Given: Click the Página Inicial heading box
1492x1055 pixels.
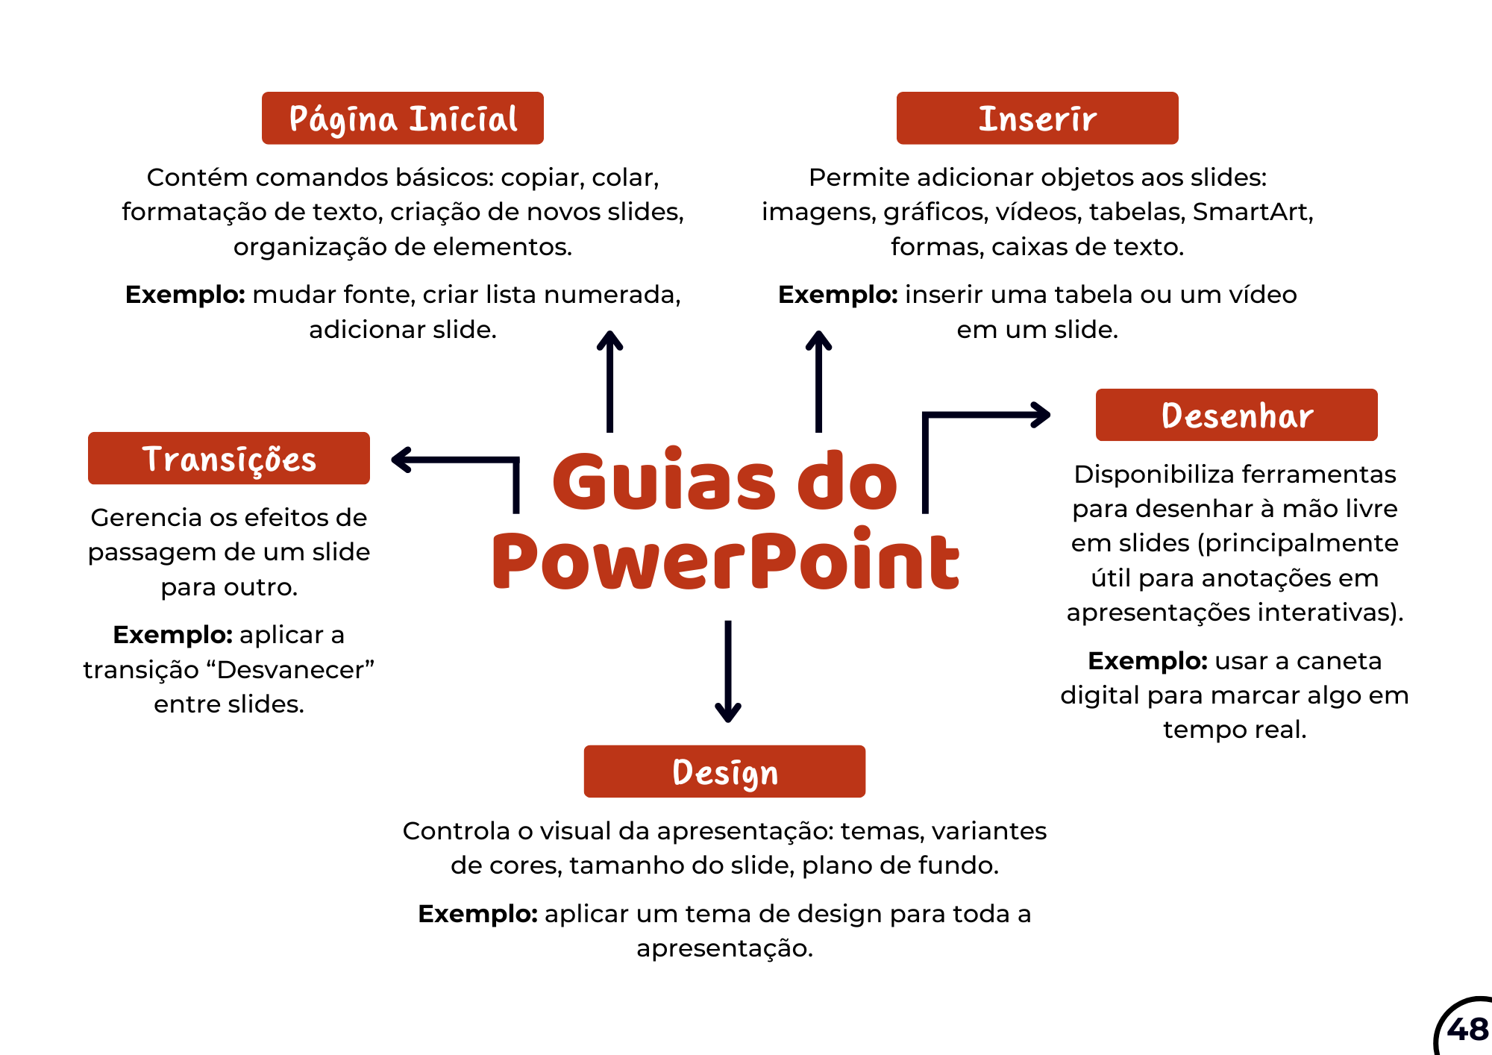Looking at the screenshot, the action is [x=403, y=118].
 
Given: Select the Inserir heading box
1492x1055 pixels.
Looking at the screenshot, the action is [x=1038, y=118].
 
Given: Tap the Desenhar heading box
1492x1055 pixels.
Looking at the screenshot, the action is [x=1237, y=415].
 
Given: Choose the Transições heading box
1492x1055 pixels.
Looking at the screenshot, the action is [x=229, y=458].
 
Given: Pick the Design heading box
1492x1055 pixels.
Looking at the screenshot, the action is [x=725, y=771].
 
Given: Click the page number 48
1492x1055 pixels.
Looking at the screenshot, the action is [x=1467, y=1030].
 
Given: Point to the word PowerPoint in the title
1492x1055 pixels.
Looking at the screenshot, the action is [x=726, y=560].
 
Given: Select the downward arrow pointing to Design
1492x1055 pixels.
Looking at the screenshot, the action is [x=728, y=671].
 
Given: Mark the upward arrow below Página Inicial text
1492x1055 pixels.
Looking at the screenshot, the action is [x=609, y=381].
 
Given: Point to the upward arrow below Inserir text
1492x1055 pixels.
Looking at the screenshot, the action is [x=818, y=381].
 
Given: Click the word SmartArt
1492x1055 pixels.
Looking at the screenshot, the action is [x=1253, y=212].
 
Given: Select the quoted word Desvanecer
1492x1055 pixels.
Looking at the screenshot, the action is [x=290, y=669].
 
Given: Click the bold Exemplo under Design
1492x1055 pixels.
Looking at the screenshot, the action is [x=477, y=914].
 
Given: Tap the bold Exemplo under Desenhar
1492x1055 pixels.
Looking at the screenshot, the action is [x=1147, y=661].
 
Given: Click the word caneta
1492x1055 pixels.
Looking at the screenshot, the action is [x=1339, y=661].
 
